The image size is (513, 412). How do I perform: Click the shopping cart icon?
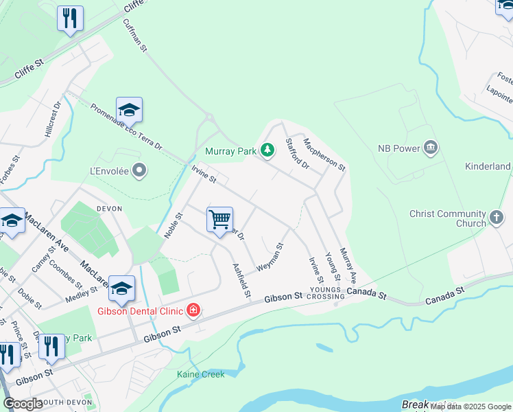click(219, 220)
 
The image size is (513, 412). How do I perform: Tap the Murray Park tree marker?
click(267, 149)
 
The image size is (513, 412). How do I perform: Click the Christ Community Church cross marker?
click(497, 218)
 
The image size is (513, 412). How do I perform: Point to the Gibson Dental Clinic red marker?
click(193, 311)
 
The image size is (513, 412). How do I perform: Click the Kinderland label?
click(488, 166)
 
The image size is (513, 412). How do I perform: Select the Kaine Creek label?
click(200, 374)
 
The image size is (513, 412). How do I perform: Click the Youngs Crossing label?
click(325, 293)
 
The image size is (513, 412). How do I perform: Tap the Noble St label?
click(173, 225)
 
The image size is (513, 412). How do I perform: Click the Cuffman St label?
click(134, 35)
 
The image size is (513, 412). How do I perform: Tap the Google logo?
click(23, 404)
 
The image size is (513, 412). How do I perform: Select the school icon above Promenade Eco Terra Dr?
click(129, 110)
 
